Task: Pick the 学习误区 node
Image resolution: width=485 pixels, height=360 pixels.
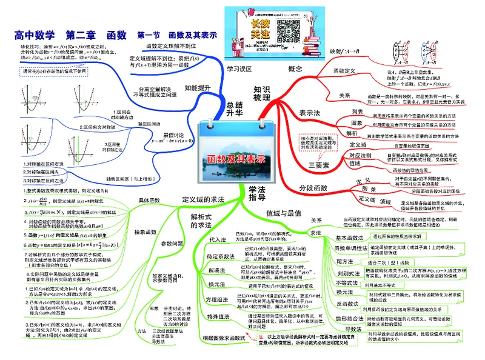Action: tap(238, 68)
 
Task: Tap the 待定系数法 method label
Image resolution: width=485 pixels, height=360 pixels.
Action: tap(221, 256)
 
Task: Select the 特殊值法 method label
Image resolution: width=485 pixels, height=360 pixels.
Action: tap(218, 317)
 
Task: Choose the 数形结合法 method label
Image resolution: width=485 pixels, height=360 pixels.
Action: tap(349, 319)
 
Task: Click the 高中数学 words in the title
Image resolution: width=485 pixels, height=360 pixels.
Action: tap(35, 35)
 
